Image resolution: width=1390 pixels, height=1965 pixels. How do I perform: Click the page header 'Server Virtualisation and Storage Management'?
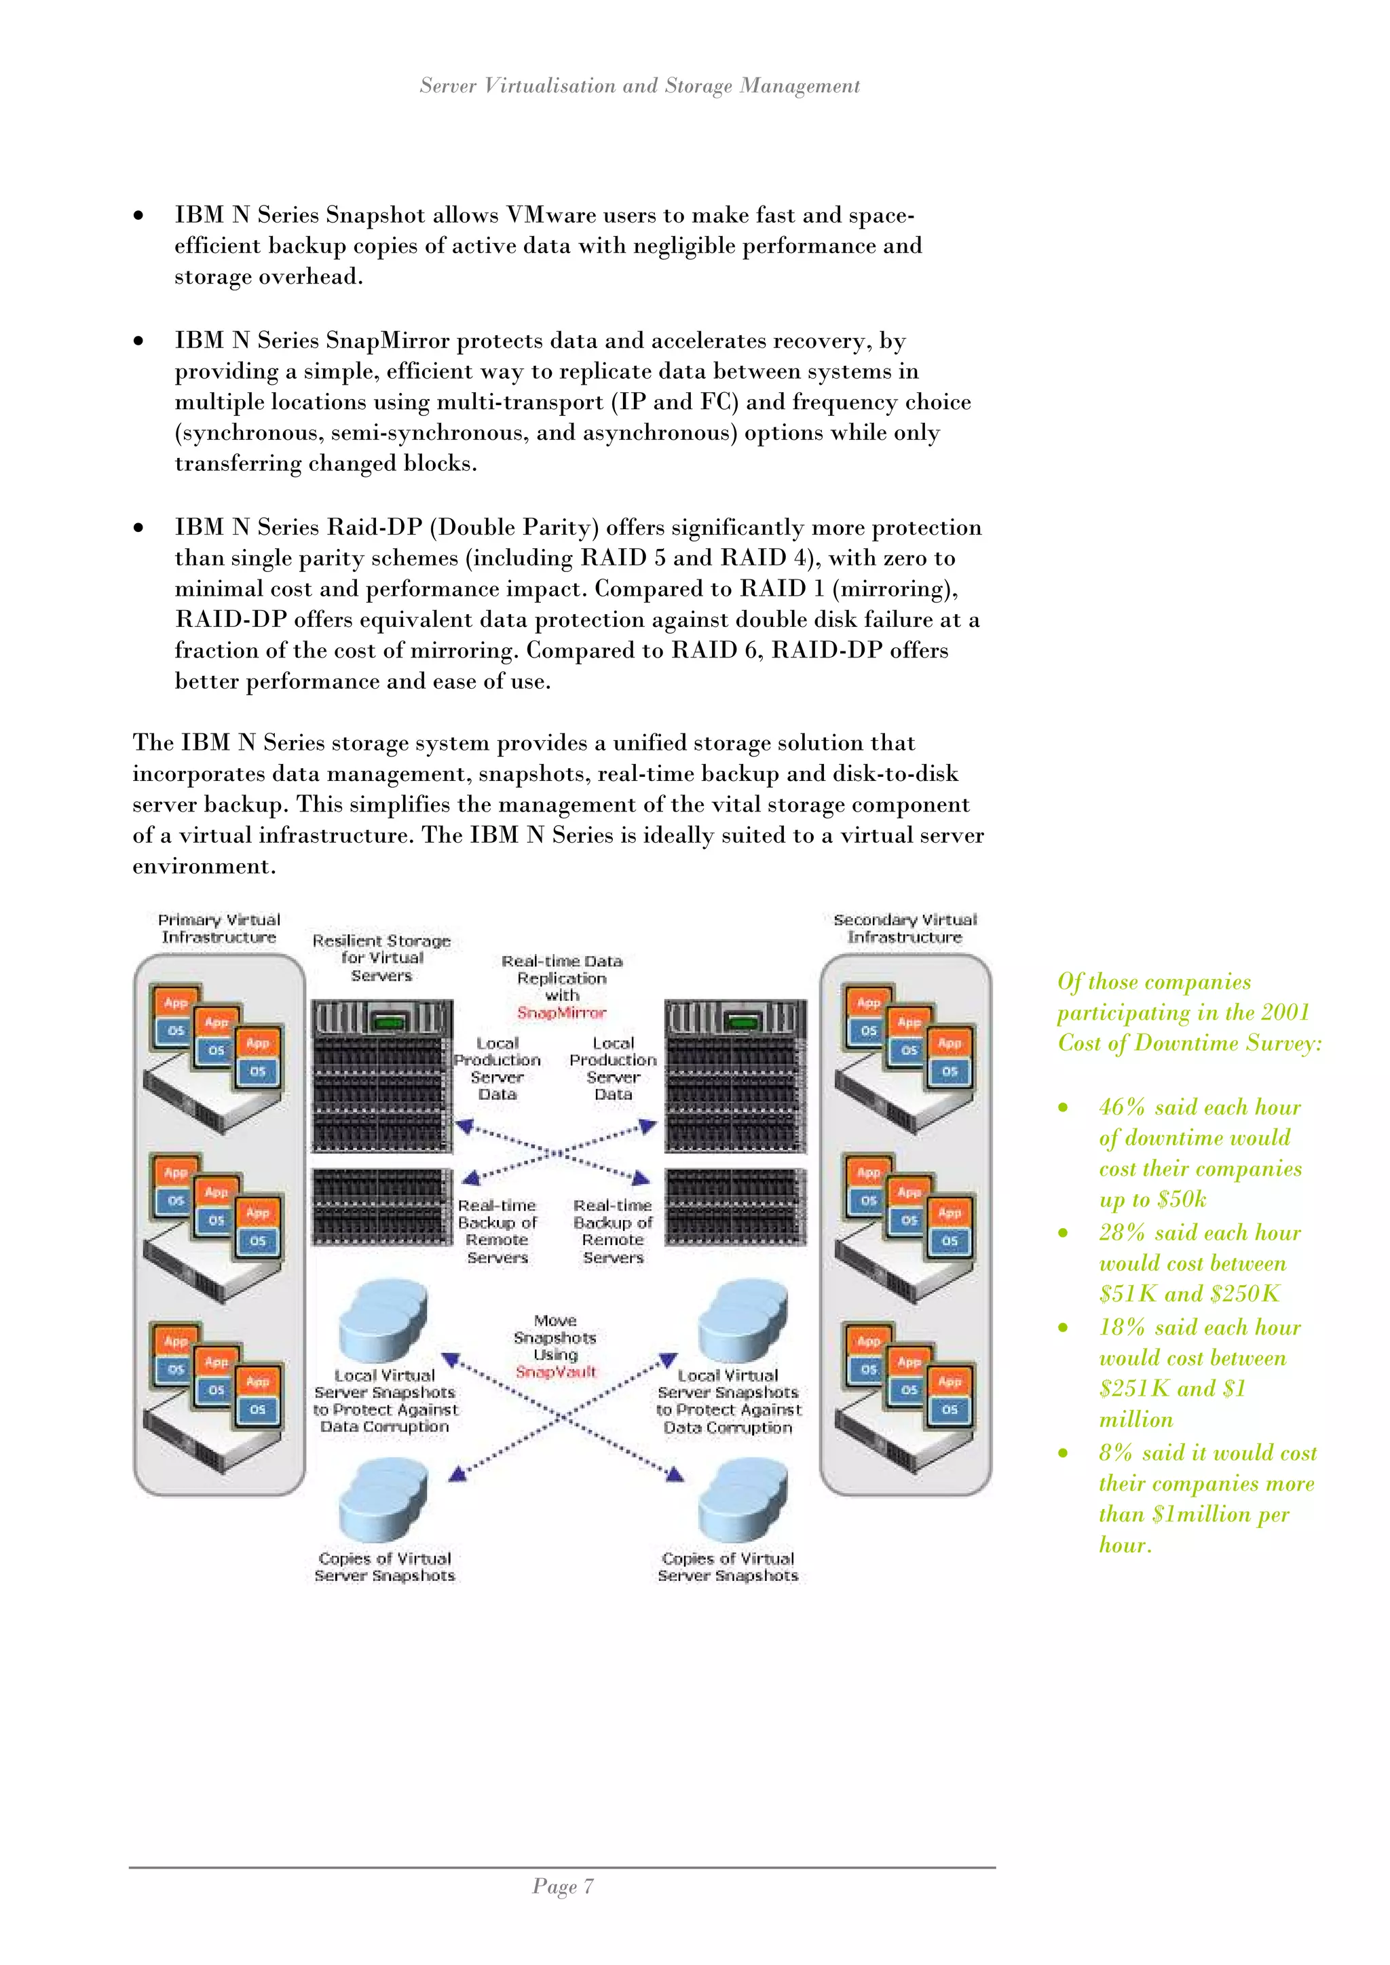pyautogui.click(x=639, y=86)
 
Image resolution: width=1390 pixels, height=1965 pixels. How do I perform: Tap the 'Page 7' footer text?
pyautogui.click(x=563, y=1886)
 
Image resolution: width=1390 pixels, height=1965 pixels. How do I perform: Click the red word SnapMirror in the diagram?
pyautogui.click(x=561, y=1012)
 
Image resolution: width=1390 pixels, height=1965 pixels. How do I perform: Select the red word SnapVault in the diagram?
pyautogui.click(x=555, y=1372)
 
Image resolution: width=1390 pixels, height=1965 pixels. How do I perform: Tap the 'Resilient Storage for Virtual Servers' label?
pyautogui.click(x=381, y=957)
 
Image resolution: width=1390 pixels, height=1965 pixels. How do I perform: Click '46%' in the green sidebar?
pyautogui.click(x=1122, y=1107)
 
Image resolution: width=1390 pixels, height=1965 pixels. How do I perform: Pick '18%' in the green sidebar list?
pyautogui.click(x=1122, y=1327)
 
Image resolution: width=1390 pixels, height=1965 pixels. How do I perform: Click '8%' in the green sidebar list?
pyautogui.click(x=1115, y=1453)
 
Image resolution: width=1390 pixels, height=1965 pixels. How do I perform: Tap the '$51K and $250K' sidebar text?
pyautogui.click(x=1190, y=1294)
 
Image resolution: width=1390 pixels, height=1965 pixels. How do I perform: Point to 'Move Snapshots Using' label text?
pyautogui.click(x=555, y=1337)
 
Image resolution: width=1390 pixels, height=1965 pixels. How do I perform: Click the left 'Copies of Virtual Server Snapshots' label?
pyautogui.click(x=384, y=1567)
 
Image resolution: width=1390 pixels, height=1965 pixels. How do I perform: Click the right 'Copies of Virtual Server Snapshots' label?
pyautogui.click(x=728, y=1567)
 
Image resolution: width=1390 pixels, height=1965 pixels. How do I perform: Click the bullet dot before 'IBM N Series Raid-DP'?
pyautogui.click(x=138, y=528)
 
